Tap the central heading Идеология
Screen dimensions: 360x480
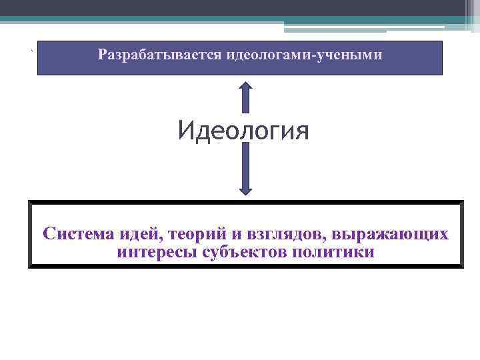pyautogui.click(x=243, y=130)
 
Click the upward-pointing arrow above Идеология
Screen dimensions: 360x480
pyautogui.click(x=245, y=97)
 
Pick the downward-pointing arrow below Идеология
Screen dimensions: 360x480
pyautogui.click(x=245, y=170)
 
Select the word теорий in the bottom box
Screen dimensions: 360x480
pyautogui.click(x=197, y=235)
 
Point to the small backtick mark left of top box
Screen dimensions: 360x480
pyautogui.click(x=31, y=51)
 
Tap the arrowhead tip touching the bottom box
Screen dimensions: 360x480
pyautogui.click(x=245, y=195)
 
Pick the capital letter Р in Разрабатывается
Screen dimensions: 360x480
pyautogui.click(x=102, y=55)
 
